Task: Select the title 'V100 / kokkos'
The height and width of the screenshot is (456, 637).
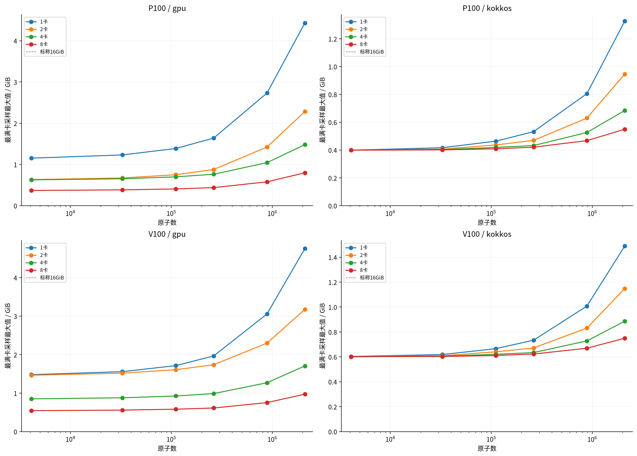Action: click(x=487, y=234)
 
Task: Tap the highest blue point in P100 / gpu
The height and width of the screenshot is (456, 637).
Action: click(x=305, y=23)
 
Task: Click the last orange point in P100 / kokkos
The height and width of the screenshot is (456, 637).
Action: click(x=625, y=74)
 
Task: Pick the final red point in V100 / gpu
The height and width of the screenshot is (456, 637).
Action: click(x=305, y=394)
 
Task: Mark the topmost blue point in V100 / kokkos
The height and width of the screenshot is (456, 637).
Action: click(x=625, y=246)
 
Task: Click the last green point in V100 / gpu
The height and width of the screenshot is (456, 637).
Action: click(x=305, y=366)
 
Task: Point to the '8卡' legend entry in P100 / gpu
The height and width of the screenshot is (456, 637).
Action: click(x=37, y=44)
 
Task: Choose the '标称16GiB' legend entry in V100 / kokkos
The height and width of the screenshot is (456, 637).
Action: click(x=365, y=278)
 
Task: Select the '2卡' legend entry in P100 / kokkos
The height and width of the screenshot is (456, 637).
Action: click(x=357, y=29)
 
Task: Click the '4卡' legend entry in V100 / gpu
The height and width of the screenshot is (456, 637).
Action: click(x=37, y=263)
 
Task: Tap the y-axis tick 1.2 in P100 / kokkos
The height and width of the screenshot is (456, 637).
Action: click(x=333, y=39)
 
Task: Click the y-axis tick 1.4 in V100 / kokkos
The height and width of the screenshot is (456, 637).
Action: click(x=333, y=258)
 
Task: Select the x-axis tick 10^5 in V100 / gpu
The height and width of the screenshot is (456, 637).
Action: click(x=171, y=439)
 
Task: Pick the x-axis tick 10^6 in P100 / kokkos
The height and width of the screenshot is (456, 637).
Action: click(x=592, y=213)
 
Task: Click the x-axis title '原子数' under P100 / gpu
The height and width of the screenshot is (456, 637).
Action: click(x=167, y=222)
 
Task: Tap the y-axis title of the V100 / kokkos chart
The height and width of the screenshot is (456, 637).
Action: click(x=322, y=336)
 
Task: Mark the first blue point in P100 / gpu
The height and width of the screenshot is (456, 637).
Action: click(x=31, y=158)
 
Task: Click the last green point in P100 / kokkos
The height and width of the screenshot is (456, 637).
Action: click(x=625, y=110)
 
